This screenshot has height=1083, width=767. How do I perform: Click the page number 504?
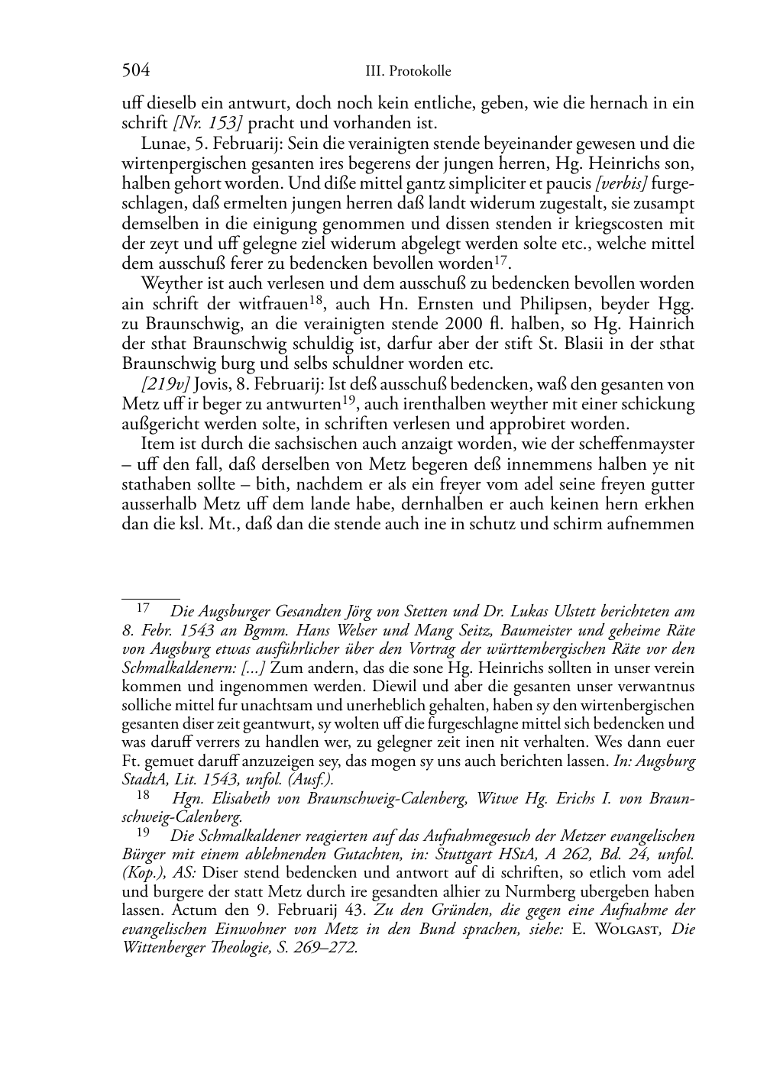click(x=135, y=71)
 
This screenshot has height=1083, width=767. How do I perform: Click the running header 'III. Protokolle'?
click(x=408, y=72)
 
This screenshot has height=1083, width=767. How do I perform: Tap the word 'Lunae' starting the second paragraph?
click(x=160, y=143)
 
